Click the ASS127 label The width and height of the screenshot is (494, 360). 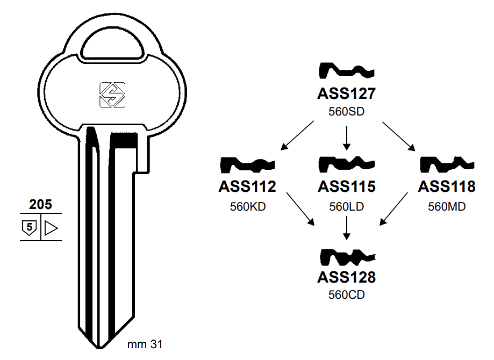pos(346,94)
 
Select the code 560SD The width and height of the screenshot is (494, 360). pos(346,112)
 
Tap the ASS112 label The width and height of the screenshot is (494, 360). pos(247,187)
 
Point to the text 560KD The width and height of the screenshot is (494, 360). pos(248,206)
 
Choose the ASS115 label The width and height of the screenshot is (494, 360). pos(346,187)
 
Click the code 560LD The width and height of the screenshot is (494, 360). pos(346,206)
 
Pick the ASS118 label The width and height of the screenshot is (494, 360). pos(446,187)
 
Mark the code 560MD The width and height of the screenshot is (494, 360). pos(446,206)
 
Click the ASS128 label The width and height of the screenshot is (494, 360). pos(346,277)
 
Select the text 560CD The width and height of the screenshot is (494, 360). pos(346,295)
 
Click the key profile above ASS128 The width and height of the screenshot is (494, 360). pos(346,257)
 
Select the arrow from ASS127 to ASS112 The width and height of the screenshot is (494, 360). pos(298,135)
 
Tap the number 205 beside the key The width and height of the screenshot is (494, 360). pos(40,205)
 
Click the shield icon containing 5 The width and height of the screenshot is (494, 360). pos(30,228)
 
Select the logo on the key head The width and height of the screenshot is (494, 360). pos(112,95)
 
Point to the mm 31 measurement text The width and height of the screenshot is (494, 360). pos(145,344)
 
